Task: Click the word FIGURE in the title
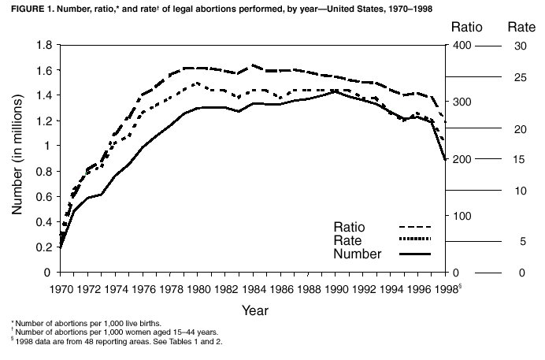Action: tap(24, 9)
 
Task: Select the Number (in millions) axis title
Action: tap(18, 158)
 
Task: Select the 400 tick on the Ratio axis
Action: tap(462, 45)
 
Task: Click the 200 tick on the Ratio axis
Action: tap(462, 158)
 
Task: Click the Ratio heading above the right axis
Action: tap(467, 27)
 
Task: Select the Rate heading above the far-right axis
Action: tap(521, 27)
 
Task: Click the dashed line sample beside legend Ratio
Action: tap(417, 228)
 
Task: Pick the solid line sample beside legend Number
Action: tap(417, 254)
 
